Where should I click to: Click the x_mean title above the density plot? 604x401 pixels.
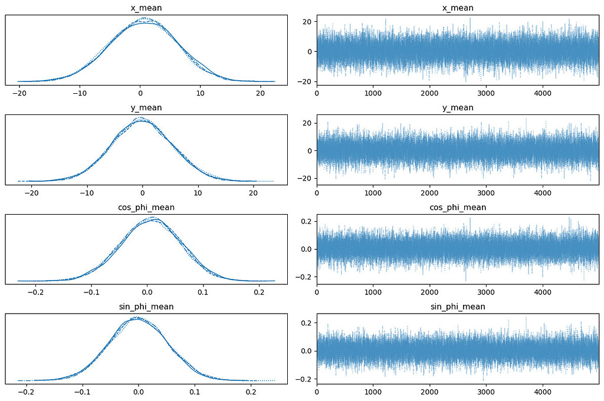(x=146, y=8)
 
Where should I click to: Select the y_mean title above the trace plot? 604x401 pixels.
(x=458, y=107)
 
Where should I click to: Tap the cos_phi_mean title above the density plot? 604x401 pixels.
(x=146, y=207)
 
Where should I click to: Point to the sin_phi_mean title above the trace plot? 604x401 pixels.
(x=458, y=307)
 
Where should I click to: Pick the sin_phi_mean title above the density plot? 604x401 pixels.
(x=146, y=307)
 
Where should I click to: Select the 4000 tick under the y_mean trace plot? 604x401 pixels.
(x=542, y=192)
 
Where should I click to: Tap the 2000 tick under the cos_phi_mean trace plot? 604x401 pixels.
(x=429, y=292)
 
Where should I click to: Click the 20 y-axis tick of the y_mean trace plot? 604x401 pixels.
(x=307, y=123)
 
